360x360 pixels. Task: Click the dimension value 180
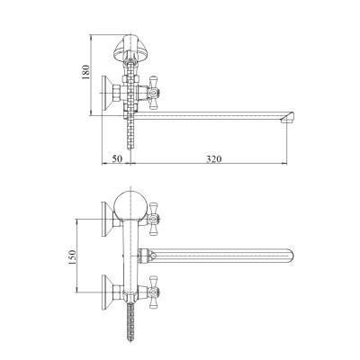pos(85,72)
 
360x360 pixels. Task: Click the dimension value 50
pos(117,158)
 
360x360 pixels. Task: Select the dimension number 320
pos(213,158)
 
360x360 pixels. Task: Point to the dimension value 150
pos(72,257)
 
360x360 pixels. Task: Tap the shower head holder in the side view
pos(131,48)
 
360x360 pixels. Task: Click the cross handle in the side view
pos(153,93)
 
